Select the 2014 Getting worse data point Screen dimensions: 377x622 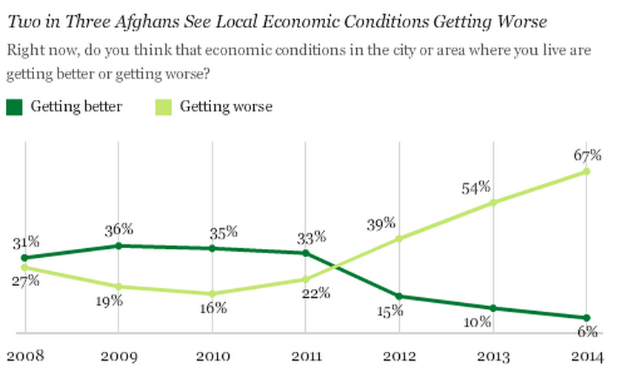point(586,171)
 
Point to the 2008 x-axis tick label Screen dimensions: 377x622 point(25,356)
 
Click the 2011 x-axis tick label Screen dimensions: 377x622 point(307,356)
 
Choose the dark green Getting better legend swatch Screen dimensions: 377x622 point(15,107)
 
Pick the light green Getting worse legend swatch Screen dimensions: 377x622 point(164,107)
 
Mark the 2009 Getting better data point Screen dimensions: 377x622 point(118,245)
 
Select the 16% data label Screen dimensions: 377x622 point(213,308)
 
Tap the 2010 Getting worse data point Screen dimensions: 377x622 point(213,293)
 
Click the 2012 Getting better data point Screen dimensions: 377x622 point(399,296)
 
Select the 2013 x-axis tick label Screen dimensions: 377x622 point(494,356)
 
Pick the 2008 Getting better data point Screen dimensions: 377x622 point(25,258)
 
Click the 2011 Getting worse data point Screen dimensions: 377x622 point(306,279)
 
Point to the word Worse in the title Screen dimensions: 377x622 point(523,21)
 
